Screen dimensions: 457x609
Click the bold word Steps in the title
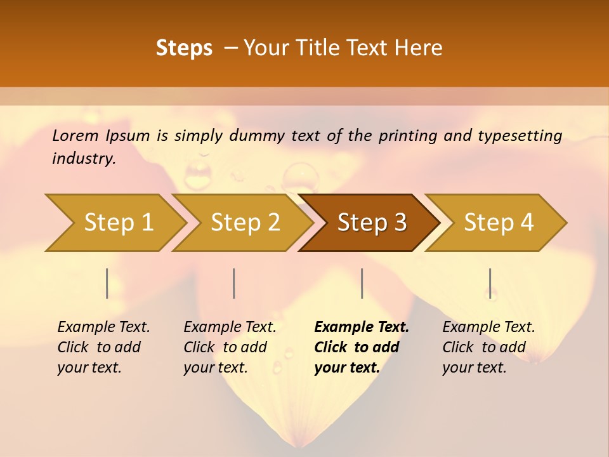[x=184, y=48]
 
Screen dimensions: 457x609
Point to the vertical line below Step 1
[x=107, y=283]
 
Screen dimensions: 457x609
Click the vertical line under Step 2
[x=234, y=283]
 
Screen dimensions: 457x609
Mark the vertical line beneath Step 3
[x=362, y=283]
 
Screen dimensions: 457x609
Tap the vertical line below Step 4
[x=490, y=283]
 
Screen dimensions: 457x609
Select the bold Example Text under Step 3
[x=361, y=347]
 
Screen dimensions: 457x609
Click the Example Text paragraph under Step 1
[x=103, y=347]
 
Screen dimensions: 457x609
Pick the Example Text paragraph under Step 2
[x=230, y=347]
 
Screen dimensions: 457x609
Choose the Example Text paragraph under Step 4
[x=488, y=347]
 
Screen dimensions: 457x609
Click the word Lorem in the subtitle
[x=75, y=136]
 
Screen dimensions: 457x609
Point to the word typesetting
[x=520, y=136]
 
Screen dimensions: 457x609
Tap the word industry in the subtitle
[x=84, y=159]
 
